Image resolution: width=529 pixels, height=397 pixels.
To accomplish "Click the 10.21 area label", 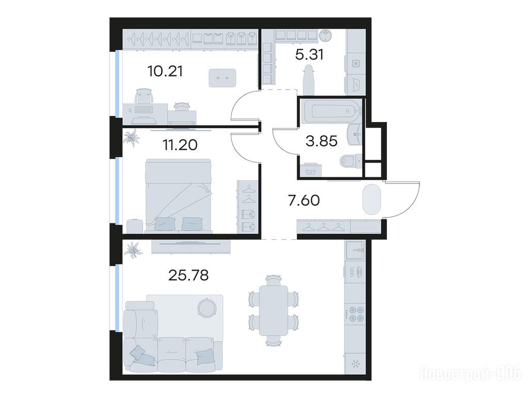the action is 165,71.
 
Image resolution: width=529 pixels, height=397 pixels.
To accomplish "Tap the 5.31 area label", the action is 309,54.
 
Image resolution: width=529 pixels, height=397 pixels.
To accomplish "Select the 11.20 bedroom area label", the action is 180,145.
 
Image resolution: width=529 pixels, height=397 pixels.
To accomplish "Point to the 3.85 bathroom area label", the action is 321,141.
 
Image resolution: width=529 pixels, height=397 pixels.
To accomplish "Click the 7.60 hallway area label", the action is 304,201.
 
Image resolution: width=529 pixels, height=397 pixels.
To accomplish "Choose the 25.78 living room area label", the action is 188,276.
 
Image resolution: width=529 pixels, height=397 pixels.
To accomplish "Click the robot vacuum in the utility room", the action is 325,34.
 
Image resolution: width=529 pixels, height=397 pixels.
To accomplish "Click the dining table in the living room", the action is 273,311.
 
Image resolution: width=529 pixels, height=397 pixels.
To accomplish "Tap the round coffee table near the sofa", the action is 206,307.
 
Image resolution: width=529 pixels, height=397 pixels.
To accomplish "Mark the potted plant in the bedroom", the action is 131,138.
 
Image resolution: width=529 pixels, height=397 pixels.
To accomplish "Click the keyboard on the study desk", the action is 144,110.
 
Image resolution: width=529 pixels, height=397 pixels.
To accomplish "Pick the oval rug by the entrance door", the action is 371,199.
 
